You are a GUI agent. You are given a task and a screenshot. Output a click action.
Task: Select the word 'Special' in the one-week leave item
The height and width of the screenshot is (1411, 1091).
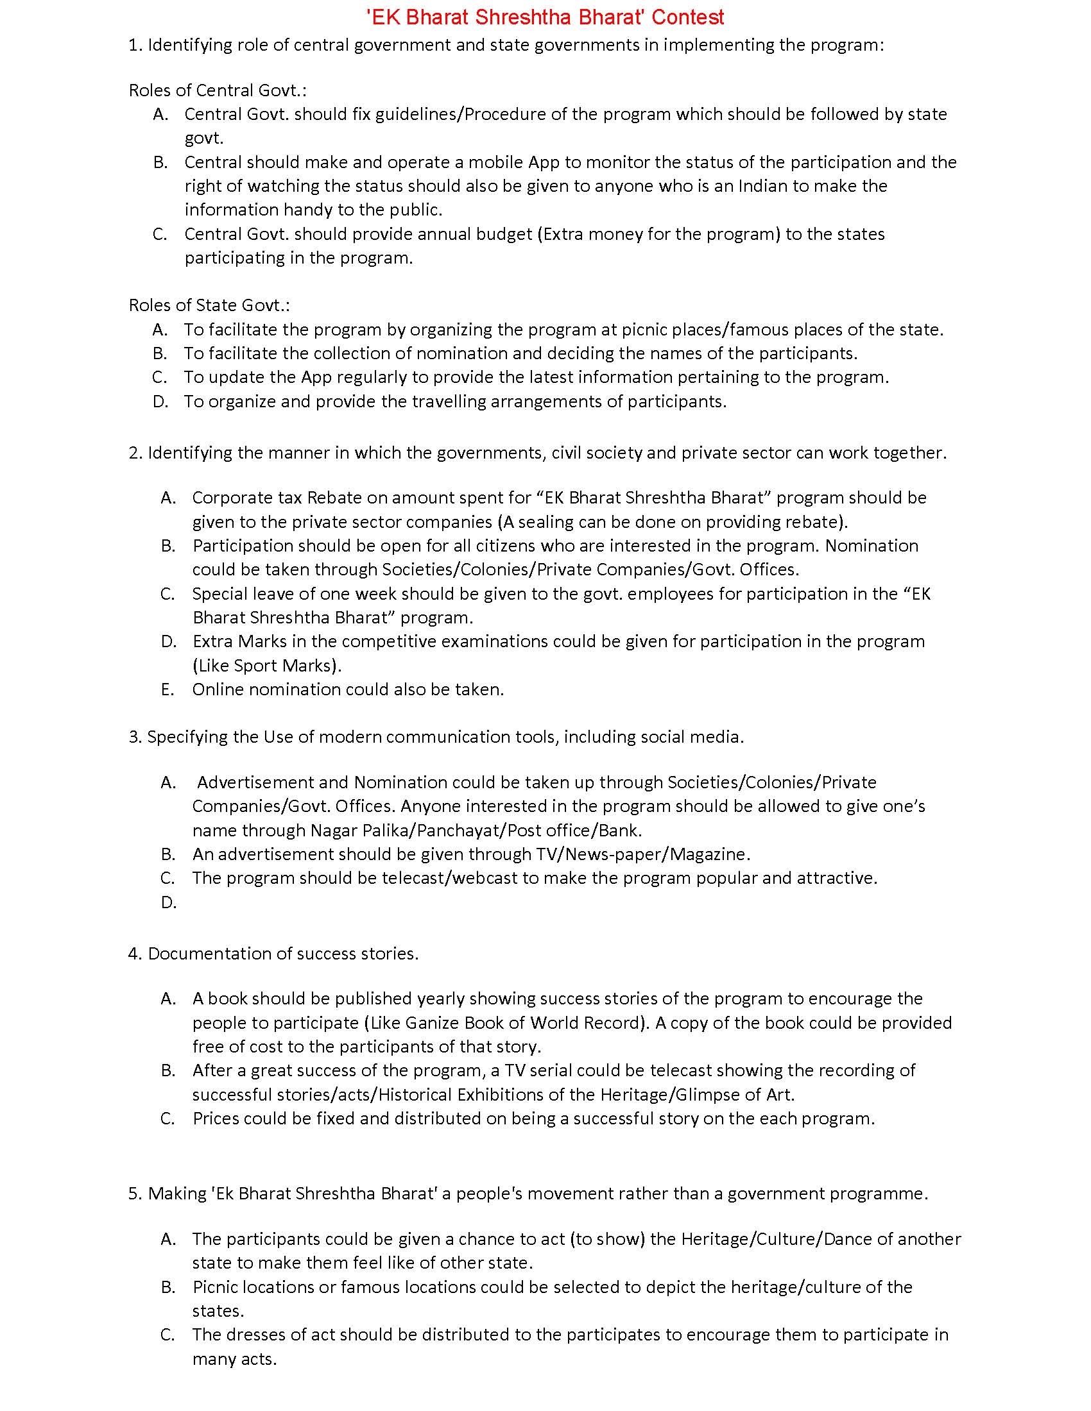click(x=219, y=594)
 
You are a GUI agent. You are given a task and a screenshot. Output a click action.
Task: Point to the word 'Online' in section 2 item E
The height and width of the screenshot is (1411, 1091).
click(x=218, y=689)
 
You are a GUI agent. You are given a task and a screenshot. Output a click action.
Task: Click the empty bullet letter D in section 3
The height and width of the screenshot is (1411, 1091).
click(x=168, y=902)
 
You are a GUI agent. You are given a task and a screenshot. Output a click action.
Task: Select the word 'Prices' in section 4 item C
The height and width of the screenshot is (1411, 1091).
click(x=216, y=1119)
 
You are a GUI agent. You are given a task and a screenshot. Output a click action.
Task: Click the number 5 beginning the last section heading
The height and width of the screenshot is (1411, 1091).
click(x=133, y=1194)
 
